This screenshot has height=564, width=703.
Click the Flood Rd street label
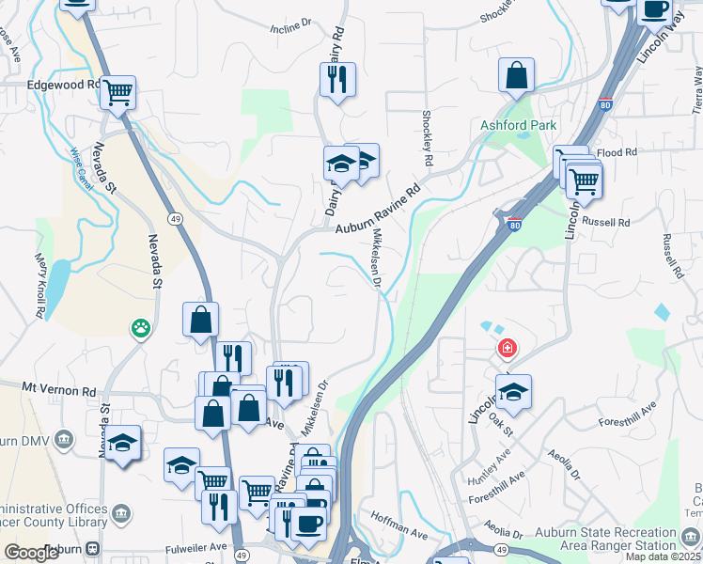point(617,152)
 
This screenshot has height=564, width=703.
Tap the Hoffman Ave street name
point(399,525)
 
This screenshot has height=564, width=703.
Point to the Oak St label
point(500,425)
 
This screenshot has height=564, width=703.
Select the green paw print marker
point(141,328)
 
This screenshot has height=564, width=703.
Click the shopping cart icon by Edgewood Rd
point(118,93)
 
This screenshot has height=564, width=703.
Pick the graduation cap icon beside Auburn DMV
point(123,443)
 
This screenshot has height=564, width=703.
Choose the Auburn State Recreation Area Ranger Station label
point(605,538)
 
